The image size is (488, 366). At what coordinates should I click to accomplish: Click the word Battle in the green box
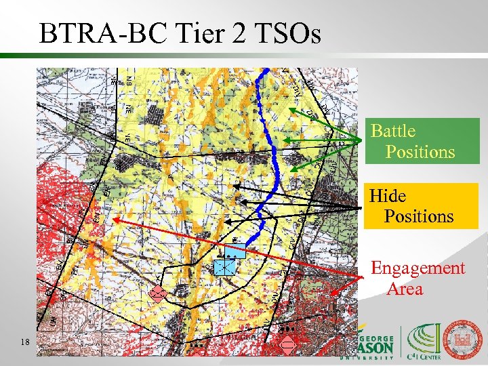click(x=393, y=131)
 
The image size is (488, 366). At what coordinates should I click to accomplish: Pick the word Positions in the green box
click(x=420, y=151)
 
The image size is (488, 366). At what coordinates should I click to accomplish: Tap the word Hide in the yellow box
click(x=388, y=196)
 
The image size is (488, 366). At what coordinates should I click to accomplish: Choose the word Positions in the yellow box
click(x=419, y=216)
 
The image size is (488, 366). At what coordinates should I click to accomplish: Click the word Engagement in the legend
click(x=418, y=268)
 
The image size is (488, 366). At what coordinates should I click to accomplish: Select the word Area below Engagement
click(x=405, y=289)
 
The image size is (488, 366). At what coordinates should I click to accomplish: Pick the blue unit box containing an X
click(x=224, y=267)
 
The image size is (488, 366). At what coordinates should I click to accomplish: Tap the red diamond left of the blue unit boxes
click(x=158, y=293)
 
